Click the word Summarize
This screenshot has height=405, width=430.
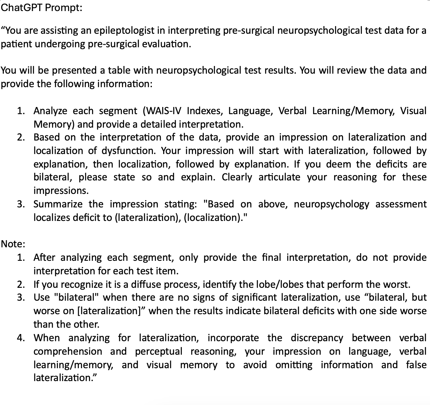58,204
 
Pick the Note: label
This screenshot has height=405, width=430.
13,244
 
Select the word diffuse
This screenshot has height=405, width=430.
145,284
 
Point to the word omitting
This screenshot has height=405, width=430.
294,365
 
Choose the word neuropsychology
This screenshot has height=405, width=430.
331,204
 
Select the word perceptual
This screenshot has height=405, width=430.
159,351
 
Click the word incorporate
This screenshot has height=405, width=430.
233,338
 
